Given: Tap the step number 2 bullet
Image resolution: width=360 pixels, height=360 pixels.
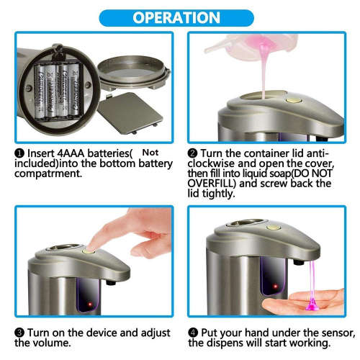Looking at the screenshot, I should pos(192,153).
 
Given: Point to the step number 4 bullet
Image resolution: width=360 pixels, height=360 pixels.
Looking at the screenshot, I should pos(192,333).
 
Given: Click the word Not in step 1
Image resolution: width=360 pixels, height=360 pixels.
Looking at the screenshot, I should pos(150,153).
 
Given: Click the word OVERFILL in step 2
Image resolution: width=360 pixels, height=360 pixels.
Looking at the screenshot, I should pos(220,184).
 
